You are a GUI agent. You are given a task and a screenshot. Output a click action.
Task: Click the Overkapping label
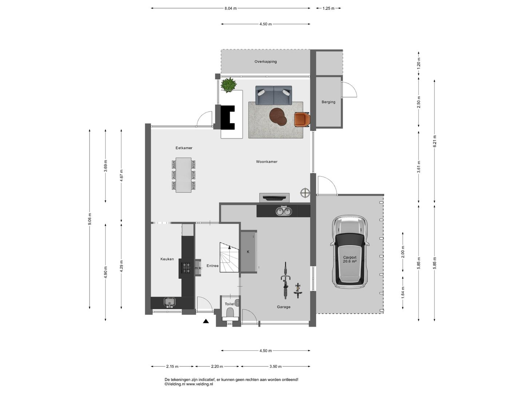(x=266, y=61)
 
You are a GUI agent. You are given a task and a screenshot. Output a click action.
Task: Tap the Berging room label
(x=328, y=102)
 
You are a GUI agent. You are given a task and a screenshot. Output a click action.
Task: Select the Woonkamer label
(x=267, y=162)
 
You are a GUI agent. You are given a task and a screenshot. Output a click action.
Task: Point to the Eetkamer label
(x=184, y=148)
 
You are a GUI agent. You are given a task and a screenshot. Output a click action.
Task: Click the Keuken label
(x=167, y=259)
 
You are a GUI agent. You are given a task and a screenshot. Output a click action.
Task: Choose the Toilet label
(x=230, y=304)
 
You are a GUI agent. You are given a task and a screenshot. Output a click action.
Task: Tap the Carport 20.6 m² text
(x=350, y=259)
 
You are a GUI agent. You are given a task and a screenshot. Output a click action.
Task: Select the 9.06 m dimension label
(x=90, y=219)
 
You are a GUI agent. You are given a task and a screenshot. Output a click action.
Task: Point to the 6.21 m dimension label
(x=434, y=141)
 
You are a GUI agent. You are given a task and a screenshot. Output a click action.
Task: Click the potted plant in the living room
(x=229, y=85)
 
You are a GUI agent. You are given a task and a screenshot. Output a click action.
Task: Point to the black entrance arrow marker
(x=206, y=321)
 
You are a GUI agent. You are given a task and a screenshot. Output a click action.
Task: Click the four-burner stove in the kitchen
(x=186, y=268)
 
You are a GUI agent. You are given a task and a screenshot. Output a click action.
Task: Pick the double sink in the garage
(x=284, y=211)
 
